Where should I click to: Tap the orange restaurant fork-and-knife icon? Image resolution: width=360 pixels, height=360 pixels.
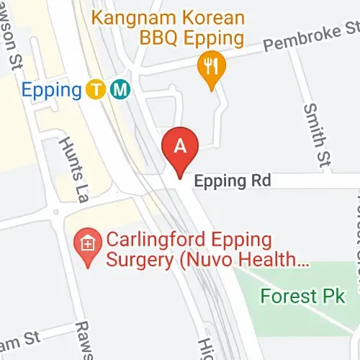coord(211,68)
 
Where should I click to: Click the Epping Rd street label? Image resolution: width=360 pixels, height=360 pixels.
coord(232,181)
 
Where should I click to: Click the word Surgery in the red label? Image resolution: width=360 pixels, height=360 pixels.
coord(134,259)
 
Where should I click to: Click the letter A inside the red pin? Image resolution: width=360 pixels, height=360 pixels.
coord(181,144)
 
